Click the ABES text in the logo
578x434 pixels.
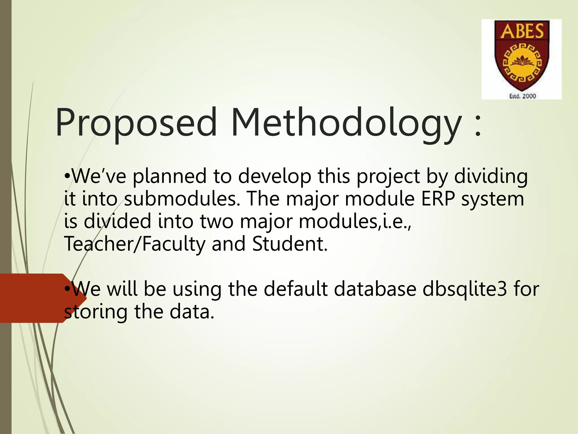522,31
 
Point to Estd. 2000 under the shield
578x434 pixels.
522,96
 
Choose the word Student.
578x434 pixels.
290,244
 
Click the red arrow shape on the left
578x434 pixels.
37,298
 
